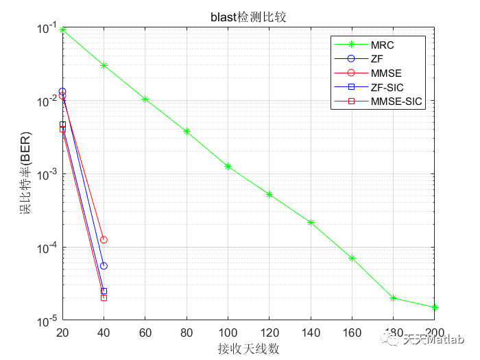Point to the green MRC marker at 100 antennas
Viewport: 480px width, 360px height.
point(228,167)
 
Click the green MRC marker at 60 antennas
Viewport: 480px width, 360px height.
point(145,99)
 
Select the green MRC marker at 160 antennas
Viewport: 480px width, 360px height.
point(352,258)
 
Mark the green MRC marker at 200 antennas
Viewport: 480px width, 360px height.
point(435,308)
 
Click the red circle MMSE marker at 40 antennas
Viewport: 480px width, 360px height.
point(104,240)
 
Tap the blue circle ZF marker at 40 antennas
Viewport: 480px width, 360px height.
point(104,266)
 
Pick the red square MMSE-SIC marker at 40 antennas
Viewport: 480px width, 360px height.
point(104,298)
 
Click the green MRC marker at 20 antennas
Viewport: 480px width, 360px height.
point(62,29)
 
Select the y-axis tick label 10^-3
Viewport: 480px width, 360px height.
point(47,173)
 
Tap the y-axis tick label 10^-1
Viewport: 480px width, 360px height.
point(47,27)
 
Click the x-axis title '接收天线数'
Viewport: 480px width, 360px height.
point(248,349)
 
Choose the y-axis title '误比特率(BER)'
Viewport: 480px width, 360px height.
point(25,174)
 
